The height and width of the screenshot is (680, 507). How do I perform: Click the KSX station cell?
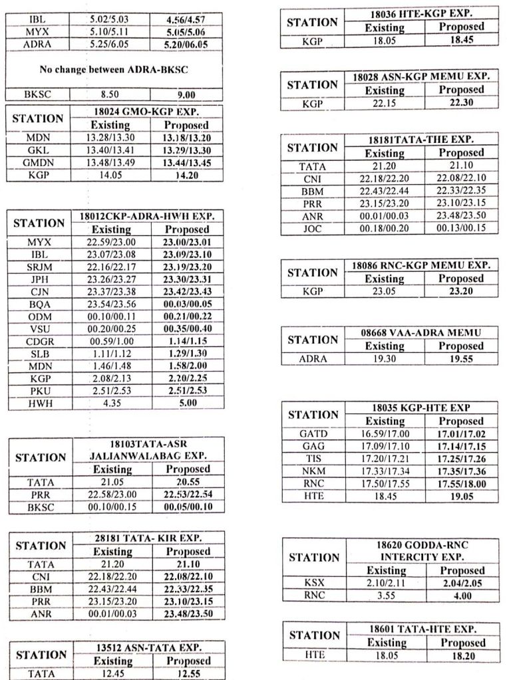point(313,583)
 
